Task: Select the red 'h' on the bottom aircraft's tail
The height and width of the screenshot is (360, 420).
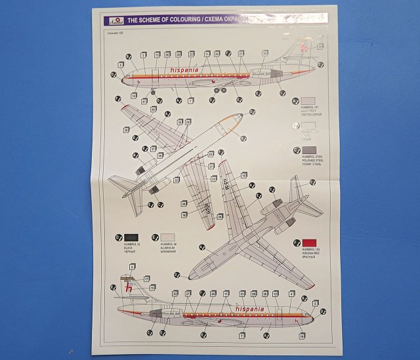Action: [131, 290]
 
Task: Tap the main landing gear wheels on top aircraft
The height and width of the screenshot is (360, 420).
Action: [220, 90]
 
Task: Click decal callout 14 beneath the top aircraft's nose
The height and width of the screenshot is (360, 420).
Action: [134, 96]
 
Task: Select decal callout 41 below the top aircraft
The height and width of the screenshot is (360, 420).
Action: [144, 102]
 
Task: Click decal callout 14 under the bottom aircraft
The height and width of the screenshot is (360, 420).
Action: [301, 336]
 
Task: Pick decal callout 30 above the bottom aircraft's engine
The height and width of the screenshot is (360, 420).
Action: [175, 293]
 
